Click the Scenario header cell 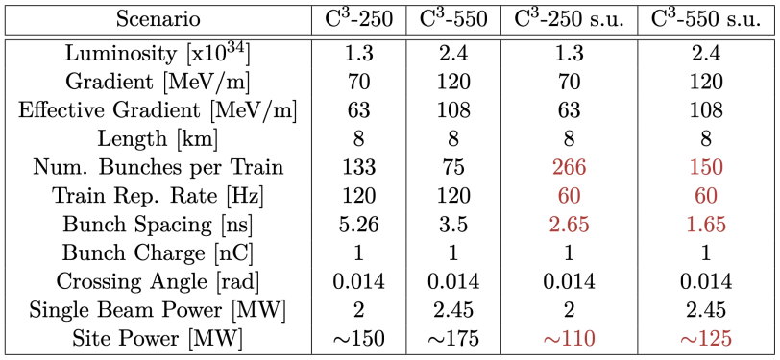(x=157, y=19)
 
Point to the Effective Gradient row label (x=157, y=110)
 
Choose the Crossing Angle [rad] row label (x=157, y=281)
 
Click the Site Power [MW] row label (x=157, y=338)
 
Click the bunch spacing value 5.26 (x=359, y=225)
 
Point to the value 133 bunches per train (x=359, y=168)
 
